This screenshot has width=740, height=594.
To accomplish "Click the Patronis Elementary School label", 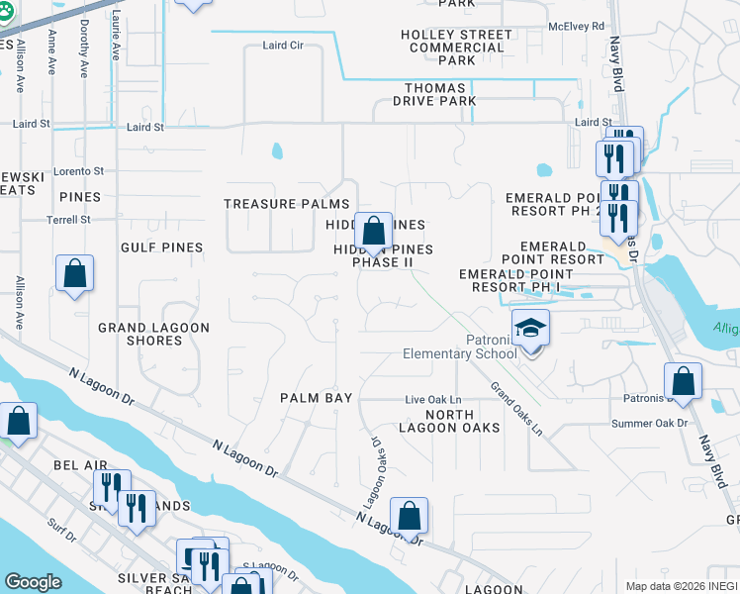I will coord(460,346).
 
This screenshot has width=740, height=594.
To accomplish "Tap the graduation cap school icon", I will coord(530,328).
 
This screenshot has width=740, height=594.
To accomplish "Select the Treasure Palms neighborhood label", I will coord(273,204).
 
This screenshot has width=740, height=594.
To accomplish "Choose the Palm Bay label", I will coord(316,398).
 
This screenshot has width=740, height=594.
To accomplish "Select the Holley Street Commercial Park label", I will coord(456,48).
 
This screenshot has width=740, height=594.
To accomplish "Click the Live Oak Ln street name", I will coord(433,400).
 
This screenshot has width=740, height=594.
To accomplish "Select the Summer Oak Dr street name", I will coord(648,424).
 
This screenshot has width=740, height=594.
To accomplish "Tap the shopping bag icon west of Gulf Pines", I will coord(74,274).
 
